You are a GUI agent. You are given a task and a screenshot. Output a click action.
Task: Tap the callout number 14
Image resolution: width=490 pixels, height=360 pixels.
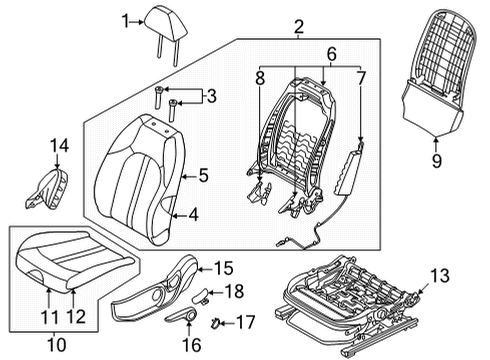60,147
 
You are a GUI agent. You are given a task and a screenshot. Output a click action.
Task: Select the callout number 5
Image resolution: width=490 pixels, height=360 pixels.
202,176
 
